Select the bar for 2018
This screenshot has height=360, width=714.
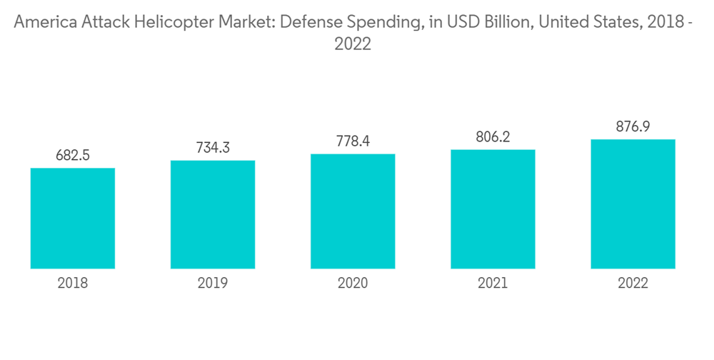coord(73,218)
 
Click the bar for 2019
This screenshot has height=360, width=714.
coord(213,214)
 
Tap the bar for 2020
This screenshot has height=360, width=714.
coord(353,211)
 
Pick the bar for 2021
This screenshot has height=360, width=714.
coord(493,209)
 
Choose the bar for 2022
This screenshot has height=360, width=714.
coord(633,204)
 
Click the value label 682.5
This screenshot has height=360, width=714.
coord(73,155)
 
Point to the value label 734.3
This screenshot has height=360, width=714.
coord(213,147)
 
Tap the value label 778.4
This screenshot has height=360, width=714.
coord(353,141)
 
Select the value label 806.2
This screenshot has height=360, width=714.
coord(493,136)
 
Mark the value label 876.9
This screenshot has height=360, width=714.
coord(633,126)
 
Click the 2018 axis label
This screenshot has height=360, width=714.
coord(73,284)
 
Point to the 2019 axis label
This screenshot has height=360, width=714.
coord(213,284)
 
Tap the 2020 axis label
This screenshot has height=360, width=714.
coord(353,284)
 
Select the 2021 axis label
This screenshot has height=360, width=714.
coord(493,284)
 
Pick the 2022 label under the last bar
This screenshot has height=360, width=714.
coord(633,284)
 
